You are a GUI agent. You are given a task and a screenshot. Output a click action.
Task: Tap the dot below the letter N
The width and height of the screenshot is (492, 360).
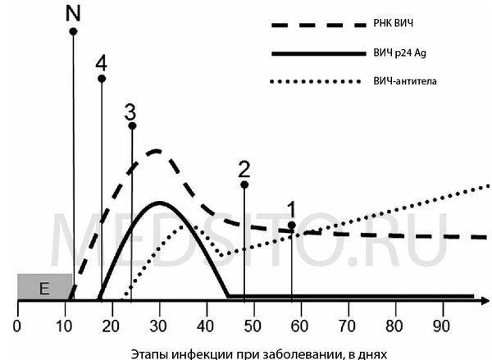(x=73, y=31)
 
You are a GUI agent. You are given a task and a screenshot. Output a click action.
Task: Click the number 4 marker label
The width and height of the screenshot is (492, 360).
(x=101, y=62)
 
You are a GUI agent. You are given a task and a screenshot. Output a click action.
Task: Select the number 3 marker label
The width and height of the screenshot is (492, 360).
(x=130, y=112)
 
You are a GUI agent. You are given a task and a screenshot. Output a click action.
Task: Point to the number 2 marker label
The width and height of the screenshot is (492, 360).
(x=244, y=169)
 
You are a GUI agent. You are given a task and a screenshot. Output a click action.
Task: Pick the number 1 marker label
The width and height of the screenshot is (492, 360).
(x=292, y=208)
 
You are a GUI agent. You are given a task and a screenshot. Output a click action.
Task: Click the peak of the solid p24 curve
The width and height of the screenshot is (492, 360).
(x=160, y=202)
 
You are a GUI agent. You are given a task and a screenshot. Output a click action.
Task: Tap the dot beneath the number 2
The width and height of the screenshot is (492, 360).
(x=244, y=185)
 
